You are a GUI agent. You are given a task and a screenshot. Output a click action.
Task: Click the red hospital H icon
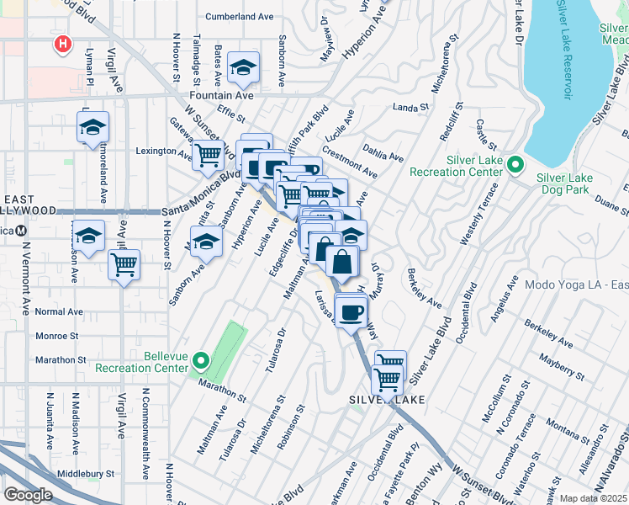click(x=61, y=44)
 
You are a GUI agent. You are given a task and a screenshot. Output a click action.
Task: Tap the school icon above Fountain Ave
click(x=244, y=69)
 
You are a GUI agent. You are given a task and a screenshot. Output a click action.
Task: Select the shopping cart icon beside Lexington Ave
click(x=207, y=155)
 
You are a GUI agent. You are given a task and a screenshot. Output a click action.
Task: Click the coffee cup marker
click(x=351, y=311)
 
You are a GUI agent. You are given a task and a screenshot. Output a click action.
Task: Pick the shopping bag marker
click(x=343, y=262)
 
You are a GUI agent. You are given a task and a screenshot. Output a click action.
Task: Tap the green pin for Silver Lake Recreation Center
click(x=516, y=164)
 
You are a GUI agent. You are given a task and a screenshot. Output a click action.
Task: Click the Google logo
click(x=27, y=495)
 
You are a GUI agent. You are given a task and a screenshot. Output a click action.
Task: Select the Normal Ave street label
click(x=59, y=311)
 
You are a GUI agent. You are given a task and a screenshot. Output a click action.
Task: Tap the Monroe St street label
click(x=57, y=335)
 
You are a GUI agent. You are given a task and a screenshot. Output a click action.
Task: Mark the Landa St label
click(x=411, y=108)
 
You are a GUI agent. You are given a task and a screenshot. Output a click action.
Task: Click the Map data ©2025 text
click(x=594, y=498)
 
